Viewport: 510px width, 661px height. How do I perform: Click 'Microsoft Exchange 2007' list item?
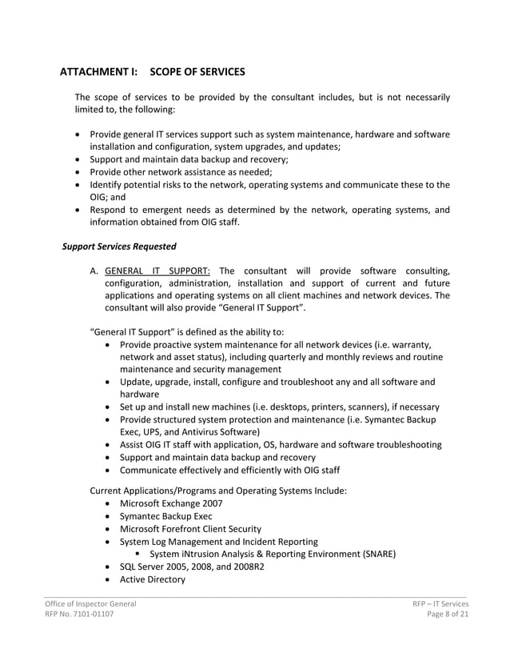tap(171, 503)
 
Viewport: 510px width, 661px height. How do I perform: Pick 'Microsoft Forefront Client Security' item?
tap(190, 529)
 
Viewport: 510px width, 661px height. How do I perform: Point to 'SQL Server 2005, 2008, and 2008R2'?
tap(192, 567)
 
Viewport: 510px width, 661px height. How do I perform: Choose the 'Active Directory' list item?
tap(152, 579)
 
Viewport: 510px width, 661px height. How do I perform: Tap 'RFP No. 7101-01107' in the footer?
tap(78, 615)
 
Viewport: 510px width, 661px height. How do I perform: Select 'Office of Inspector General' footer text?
tap(90, 603)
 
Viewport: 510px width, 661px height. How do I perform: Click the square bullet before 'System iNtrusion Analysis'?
tap(138, 555)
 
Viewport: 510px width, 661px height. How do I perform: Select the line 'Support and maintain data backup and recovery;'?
tap(189, 159)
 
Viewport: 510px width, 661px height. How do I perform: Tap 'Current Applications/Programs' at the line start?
tap(157, 491)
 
